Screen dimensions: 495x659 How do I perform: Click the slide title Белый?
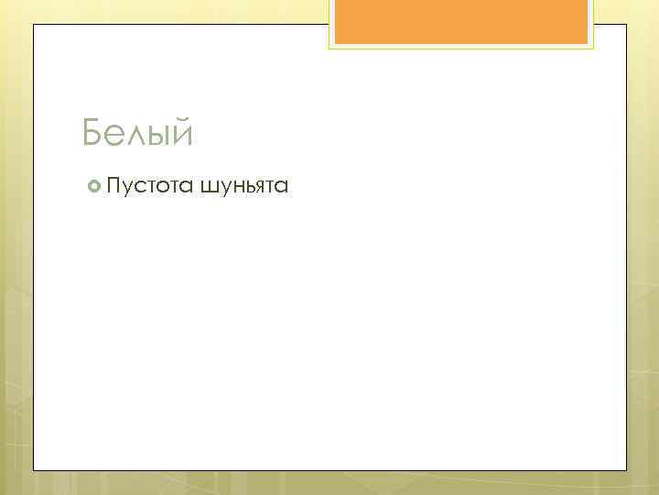pyautogui.click(x=137, y=134)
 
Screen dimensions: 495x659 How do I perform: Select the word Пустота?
pyautogui.click(x=149, y=187)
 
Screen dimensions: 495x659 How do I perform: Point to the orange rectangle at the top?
pyautogui.click(x=460, y=21)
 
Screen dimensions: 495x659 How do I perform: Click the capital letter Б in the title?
pyautogui.click(x=92, y=134)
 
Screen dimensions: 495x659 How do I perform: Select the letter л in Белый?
pyautogui.click(x=134, y=137)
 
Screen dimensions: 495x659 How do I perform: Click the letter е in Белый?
pyautogui.click(x=113, y=137)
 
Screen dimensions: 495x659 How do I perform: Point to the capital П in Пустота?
pyautogui.click(x=114, y=187)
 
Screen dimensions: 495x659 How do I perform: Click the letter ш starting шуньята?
pyautogui.click(x=209, y=189)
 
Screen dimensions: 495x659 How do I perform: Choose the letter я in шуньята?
pyautogui.click(x=258, y=189)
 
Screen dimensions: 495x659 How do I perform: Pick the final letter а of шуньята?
pyautogui.click(x=282, y=189)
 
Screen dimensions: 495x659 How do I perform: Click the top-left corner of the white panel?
pyautogui.click(x=34, y=25)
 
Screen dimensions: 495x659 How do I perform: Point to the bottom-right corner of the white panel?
pyautogui.click(x=626, y=470)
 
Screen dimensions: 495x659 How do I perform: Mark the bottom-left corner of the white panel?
pyautogui.click(x=34, y=470)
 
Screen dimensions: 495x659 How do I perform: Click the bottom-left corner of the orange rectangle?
pyautogui.click(x=335, y=43)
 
